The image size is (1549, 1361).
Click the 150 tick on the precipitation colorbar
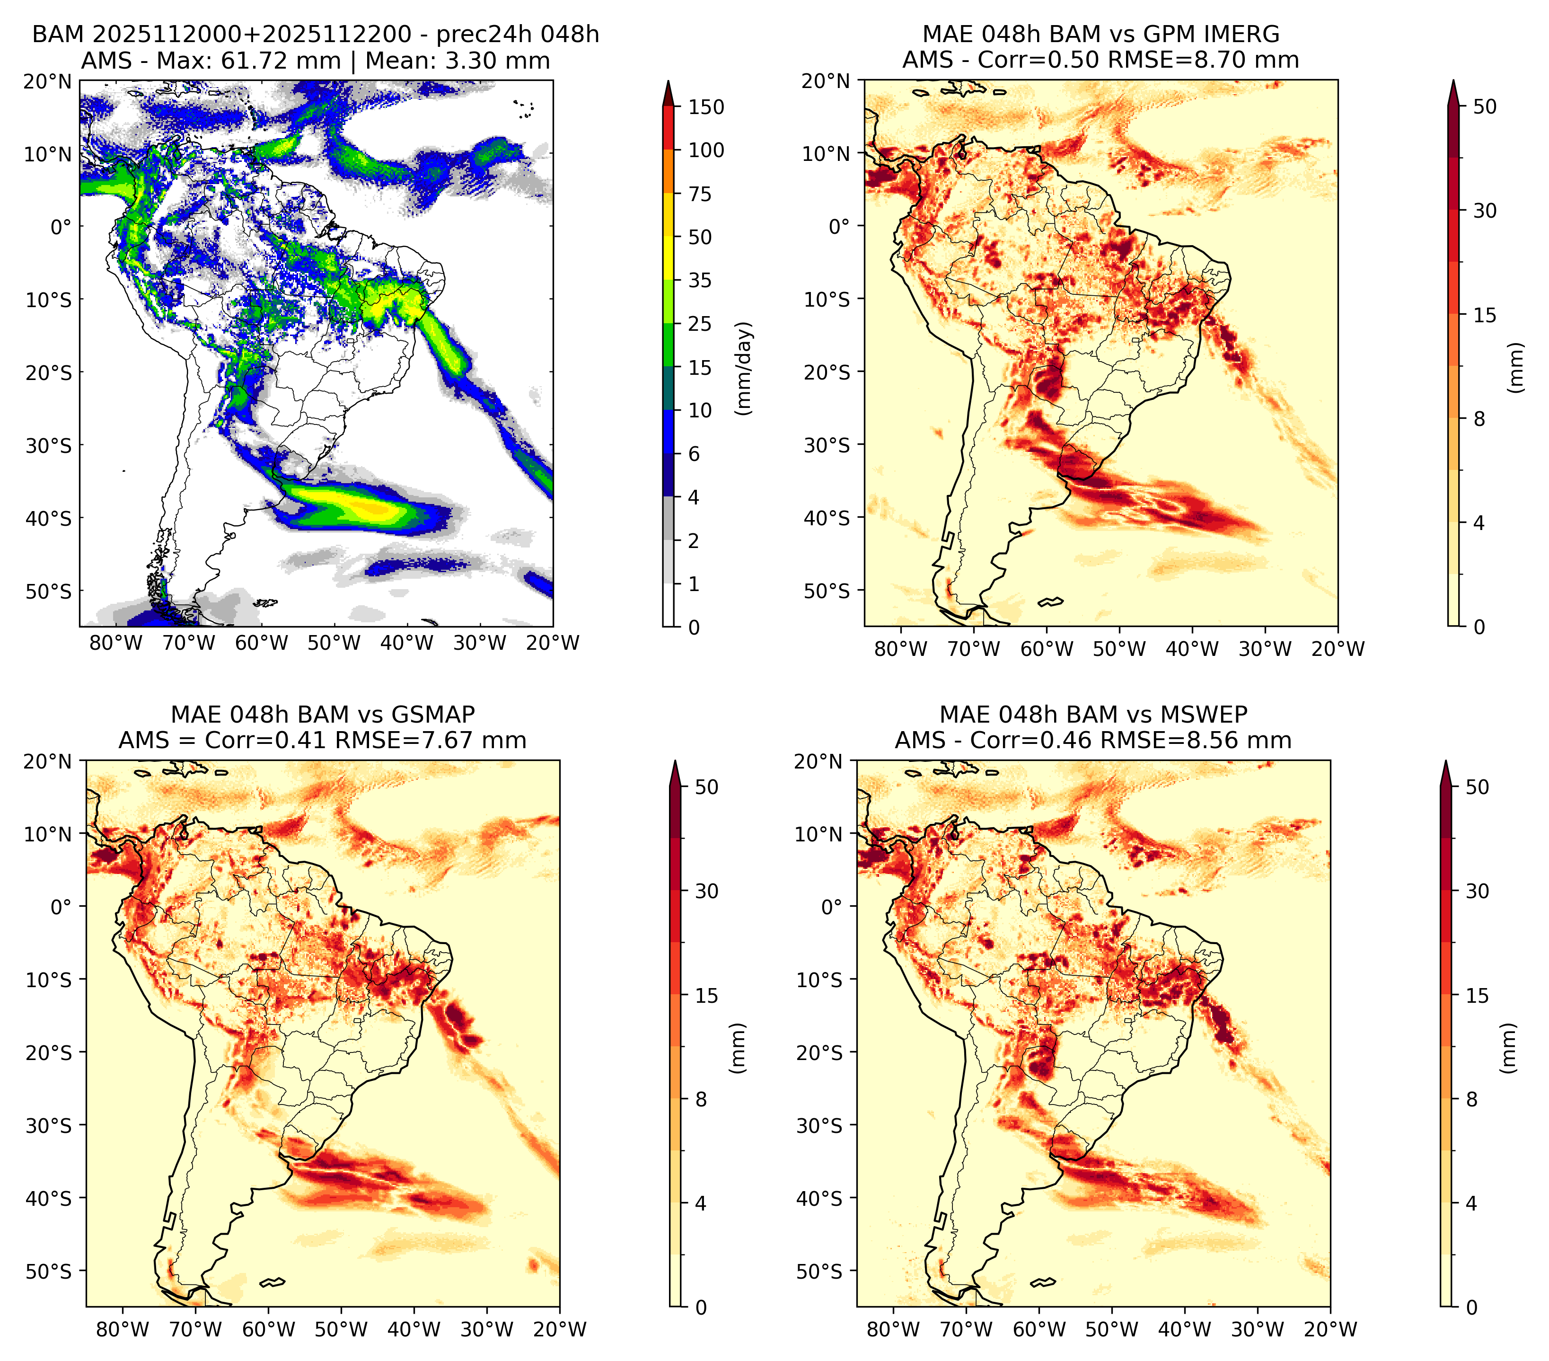point(706,107)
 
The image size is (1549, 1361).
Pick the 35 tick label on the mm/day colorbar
point(700,280)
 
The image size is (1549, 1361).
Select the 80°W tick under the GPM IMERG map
point(900,649)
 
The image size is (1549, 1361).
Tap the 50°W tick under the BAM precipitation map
point(334,643)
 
